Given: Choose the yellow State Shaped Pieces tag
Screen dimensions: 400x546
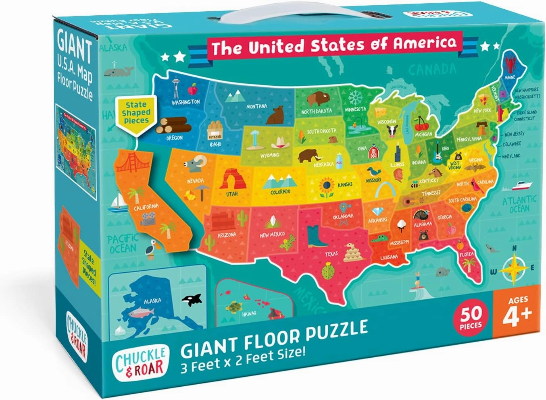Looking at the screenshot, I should point(136,112).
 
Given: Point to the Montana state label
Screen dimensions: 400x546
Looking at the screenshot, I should point(256,106).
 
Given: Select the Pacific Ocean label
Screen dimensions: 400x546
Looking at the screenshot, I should point(123,244).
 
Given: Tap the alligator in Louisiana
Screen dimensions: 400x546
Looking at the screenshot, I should point(379,239).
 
